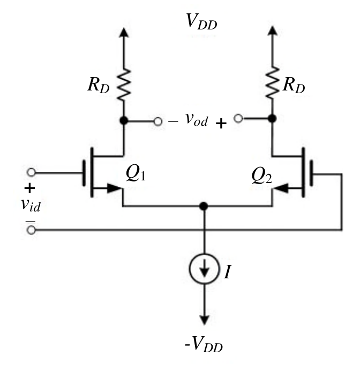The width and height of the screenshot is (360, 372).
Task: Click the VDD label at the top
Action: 201,22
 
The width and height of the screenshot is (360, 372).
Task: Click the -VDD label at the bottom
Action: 204,344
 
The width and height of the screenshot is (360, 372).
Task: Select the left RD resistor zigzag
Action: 124,85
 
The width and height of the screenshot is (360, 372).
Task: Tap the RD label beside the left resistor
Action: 99,85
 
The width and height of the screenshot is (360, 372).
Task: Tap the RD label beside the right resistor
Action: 294,85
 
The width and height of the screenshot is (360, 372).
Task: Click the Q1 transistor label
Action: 136,173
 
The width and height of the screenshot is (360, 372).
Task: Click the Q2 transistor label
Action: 261,176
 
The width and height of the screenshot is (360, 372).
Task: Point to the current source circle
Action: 204,269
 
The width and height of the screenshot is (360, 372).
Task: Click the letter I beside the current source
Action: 227,272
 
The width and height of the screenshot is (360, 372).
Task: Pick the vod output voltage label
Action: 197,119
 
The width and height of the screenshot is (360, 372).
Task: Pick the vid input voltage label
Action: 31,205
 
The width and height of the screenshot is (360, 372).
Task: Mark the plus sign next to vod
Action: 221,124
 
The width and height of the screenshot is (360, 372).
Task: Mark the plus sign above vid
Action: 29,188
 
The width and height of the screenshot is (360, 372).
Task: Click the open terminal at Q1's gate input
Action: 31,172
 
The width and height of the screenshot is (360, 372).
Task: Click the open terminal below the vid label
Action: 31,230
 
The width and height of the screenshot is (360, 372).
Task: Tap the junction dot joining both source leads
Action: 204,206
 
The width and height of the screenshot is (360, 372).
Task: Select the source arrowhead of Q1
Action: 114,188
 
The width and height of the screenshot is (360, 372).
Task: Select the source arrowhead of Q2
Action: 281,188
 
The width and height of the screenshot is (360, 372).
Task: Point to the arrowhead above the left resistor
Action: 124,33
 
